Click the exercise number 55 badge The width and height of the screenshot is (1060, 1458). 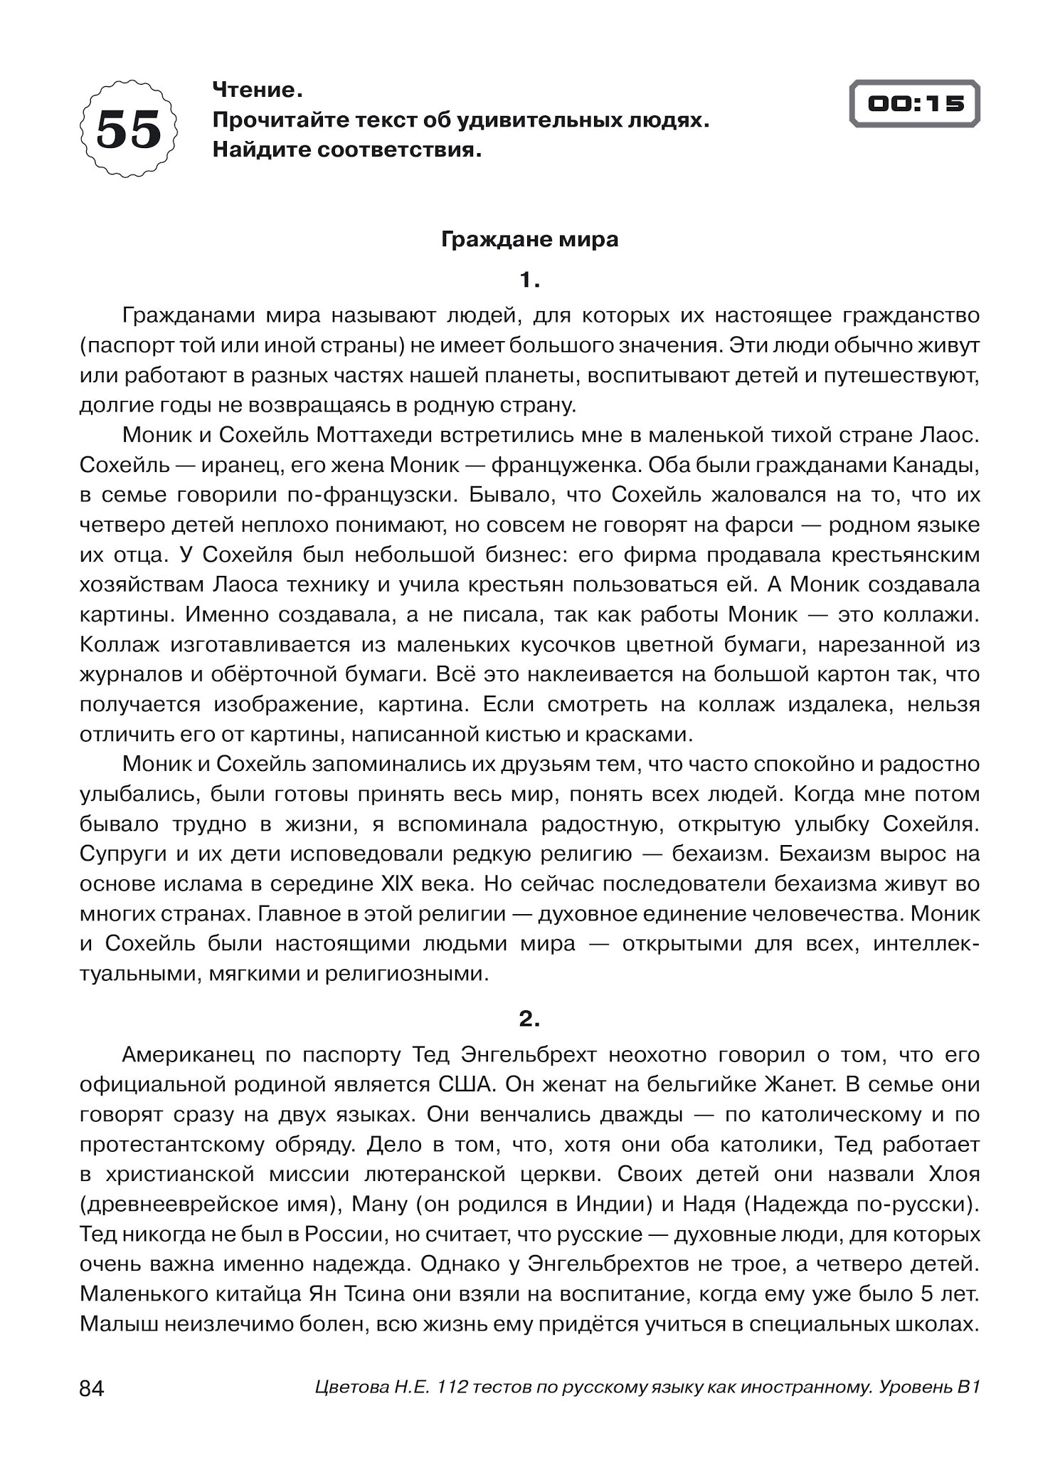click(x=129, y=129)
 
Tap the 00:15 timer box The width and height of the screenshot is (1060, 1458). click(x=914, y=104)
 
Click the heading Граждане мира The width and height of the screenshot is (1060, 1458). click(x=529, y=239)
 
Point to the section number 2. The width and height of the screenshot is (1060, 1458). click(x=529, y=1019)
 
